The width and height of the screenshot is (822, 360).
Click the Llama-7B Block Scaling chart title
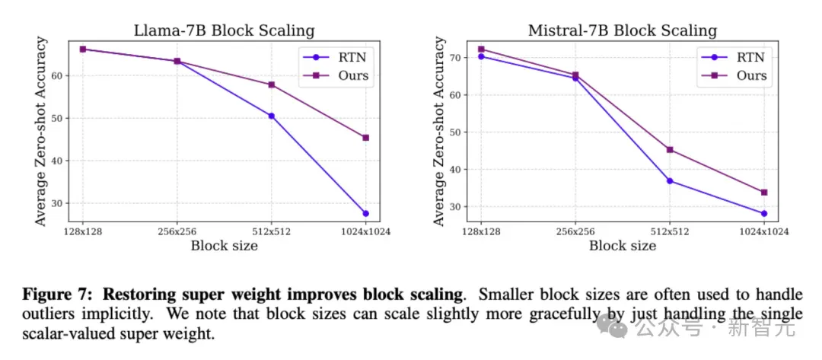pos(225,30)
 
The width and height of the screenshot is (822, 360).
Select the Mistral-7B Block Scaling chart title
pos(623,30)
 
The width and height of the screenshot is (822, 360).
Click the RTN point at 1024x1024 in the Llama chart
pos(365,213)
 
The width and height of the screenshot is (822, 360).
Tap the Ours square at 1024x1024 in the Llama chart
pos(365,138)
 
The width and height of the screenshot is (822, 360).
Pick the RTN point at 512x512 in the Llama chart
pos(272,116)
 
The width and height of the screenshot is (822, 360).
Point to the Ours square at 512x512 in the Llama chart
pos(272,84)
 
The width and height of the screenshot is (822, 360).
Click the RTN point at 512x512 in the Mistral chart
pos(670,181)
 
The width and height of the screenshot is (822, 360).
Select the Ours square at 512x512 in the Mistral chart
pos(670,150)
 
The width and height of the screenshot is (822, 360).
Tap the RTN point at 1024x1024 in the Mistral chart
pos(764,213)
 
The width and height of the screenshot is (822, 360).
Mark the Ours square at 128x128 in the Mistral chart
pos(481,49)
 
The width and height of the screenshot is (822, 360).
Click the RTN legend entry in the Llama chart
pos(336,56)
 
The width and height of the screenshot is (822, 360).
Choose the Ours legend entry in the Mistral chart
pos(734,75)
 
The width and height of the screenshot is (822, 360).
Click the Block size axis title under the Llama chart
pos(225,245)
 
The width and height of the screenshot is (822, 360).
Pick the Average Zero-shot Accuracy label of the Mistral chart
pos(440,131)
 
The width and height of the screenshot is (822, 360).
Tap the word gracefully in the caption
pos(565,315)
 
